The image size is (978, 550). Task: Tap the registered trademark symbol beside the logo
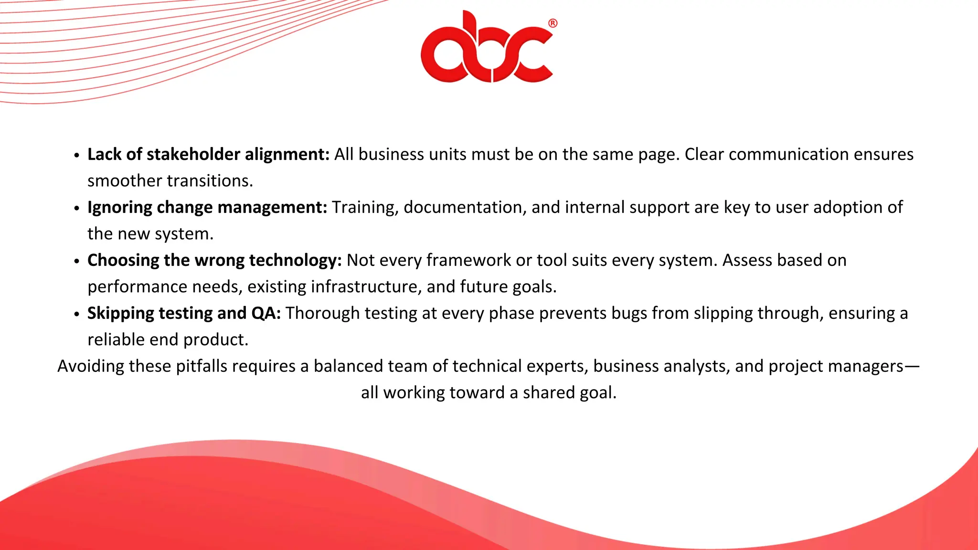pyautogui.click(x=553, y=23)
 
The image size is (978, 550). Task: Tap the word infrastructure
pyautogui.click(x=366, y=286)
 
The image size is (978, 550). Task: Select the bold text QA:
pyautogui.click(x=266, y=313)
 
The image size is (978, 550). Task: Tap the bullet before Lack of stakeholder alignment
pyautogui.click(x=77, y=156)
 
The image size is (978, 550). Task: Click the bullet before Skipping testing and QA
pyautogui.click(x=77, y=315)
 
